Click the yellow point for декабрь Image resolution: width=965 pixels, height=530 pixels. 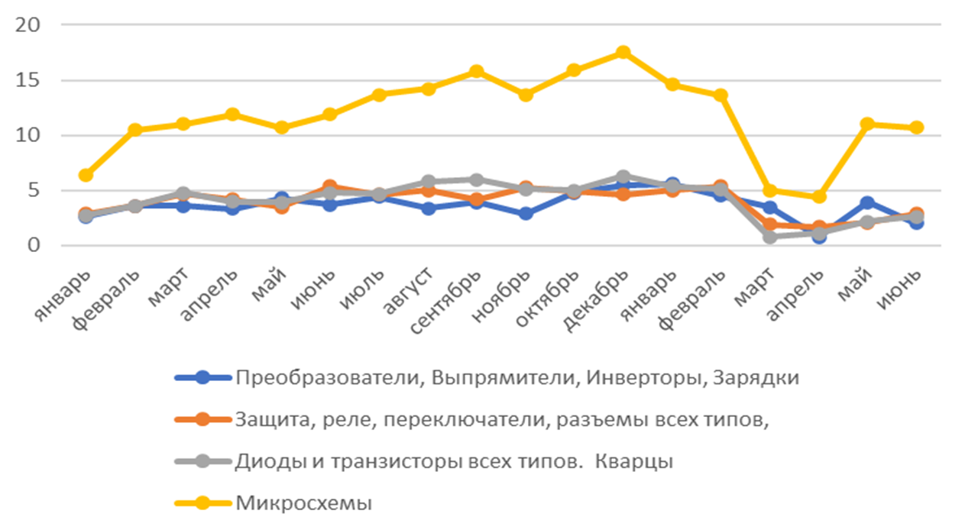[623, 53]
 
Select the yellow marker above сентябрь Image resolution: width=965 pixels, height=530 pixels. [476, 71]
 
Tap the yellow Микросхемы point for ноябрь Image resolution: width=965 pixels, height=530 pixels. [526, 95]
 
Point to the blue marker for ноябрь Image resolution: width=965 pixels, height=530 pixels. [526, 214]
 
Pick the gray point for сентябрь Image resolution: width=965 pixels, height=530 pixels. [476, 179]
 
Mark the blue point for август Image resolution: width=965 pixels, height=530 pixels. [428, 208]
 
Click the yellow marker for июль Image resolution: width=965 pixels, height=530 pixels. [379, 95]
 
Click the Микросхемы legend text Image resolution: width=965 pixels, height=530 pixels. [304, 503]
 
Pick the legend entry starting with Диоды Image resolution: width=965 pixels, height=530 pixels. [455, 461]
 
